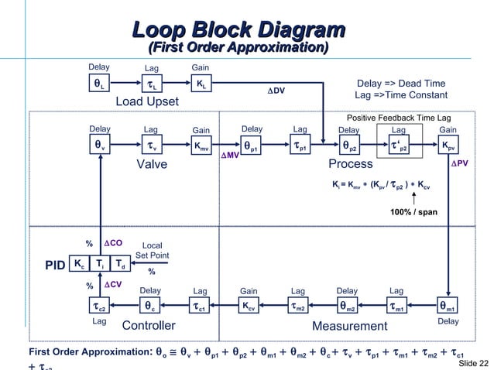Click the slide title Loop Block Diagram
pos(238,30)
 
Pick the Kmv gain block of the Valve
pos(200,146)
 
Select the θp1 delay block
pos(252,146)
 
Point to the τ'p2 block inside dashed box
pos(399,146)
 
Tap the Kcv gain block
pos(249,307)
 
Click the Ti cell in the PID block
pos(100,264)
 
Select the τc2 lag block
pos(100,307)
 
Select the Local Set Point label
pos(152,251)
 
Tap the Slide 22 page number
pos(473,362)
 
